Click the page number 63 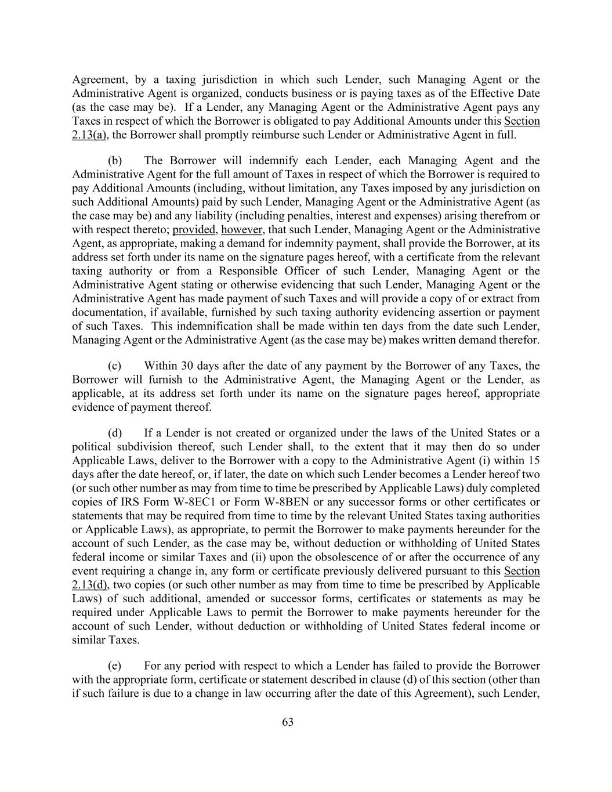(288, 722)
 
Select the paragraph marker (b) (115, 161)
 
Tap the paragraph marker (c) (115, 366)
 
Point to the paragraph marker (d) (115, 433)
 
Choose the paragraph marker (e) (115, 666)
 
